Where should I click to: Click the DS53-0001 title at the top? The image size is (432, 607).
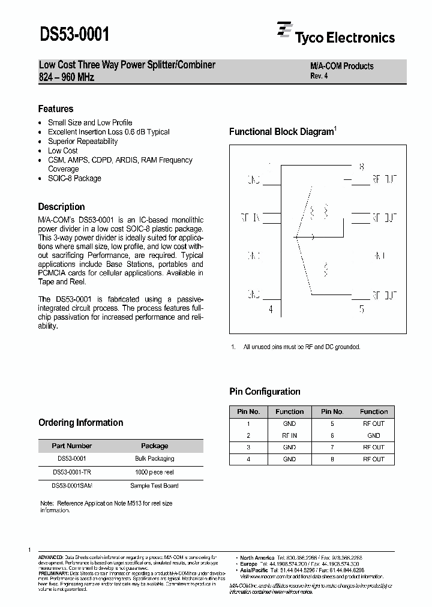coord(74,34)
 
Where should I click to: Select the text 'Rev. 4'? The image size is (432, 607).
coord(319,76)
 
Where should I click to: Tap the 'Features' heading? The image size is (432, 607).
coord(56,109)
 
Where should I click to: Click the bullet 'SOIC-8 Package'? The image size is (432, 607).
coord(74,178)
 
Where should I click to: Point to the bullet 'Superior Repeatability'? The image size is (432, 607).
coord(83,142)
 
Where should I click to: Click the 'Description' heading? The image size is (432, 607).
coord(61,206)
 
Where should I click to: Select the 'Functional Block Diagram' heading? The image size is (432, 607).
coord(281,132)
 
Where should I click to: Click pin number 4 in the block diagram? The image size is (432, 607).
coord(271,310)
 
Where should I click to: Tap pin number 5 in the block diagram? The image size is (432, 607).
coord(361,310)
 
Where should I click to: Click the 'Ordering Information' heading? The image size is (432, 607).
coord(80,422)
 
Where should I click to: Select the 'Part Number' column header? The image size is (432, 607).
coord(72,446)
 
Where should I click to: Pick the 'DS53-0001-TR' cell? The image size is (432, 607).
coord(72,472)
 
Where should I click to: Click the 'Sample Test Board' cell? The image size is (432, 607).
coord(155,486)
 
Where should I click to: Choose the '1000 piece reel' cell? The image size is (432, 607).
coord(155,472)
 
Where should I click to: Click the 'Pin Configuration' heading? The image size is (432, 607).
coord(265,392)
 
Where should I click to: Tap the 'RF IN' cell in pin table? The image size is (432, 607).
coord(289,435)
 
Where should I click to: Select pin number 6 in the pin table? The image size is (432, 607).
coord(332,435)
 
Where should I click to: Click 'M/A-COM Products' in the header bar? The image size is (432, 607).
coord(341,66)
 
